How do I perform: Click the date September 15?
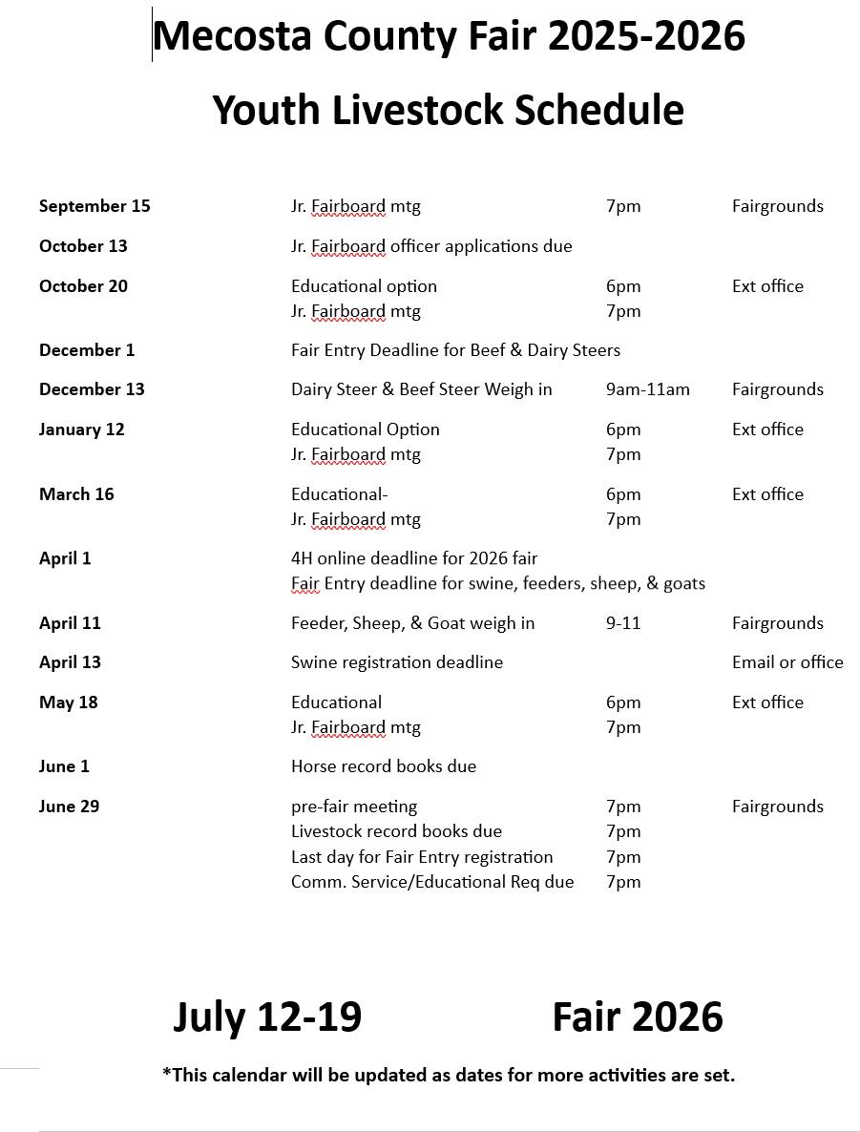[x=94, y=206]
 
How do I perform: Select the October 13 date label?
[x=83, y=246]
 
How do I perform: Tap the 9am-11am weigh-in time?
[x=647, y=389]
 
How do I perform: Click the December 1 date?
[x=87, y=350]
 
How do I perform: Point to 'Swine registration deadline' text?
[x=396, y=662]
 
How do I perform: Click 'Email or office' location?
[x=787, y=662]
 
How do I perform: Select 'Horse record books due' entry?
[x=383, y=766]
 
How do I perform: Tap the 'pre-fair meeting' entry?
[x=354, y=807]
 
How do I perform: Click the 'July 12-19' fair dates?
[x=267, y=1017]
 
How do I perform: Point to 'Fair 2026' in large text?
[x=637, y=1017]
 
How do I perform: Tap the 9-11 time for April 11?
[x=622, y=623]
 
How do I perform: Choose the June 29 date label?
[x=69, y=807]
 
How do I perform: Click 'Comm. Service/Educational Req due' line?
[x=432, y=882]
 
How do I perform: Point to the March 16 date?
[x=76, y=494]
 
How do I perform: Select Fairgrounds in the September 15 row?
[x=777, y=206]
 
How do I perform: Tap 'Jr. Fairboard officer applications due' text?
[x=431, y=246]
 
